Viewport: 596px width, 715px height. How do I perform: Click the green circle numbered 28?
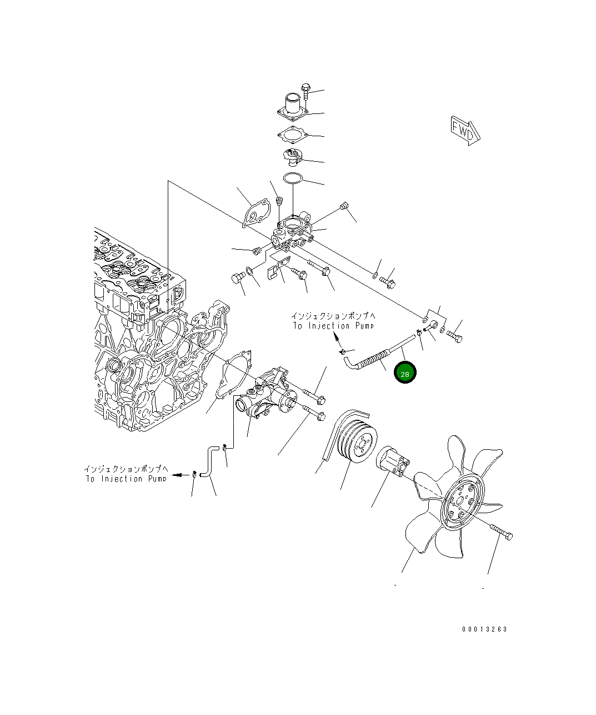click(x=405, y=372)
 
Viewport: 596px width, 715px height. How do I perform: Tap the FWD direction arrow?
click(x=465, y=131)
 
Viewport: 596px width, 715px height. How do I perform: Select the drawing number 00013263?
click(x=484, y=629)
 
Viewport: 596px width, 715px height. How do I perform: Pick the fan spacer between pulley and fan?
click(x=393, y=461)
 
